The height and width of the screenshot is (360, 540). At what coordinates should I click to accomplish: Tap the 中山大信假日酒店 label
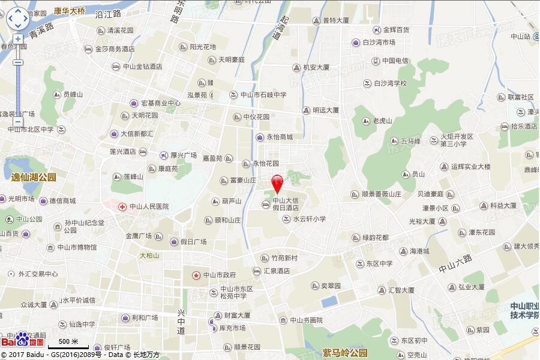286,204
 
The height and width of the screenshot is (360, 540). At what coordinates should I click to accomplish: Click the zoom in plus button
18,39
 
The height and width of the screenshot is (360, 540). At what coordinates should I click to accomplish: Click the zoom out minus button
18,62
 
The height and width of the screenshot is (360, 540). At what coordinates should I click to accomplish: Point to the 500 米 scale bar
68,344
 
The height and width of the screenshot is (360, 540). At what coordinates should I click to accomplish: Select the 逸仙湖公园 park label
34,178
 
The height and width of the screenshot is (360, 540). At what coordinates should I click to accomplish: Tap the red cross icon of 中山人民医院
122,206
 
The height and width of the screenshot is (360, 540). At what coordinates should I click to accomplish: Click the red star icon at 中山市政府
196,275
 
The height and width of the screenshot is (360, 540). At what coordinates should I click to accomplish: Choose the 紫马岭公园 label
344,352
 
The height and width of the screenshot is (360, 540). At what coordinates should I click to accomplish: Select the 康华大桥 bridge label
70,11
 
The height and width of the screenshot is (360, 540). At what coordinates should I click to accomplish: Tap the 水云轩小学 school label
309,219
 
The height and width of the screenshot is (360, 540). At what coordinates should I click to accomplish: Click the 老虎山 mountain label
382,121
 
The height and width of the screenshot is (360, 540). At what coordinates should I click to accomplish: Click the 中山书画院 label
306,320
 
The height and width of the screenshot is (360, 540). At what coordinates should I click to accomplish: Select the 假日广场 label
193,242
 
